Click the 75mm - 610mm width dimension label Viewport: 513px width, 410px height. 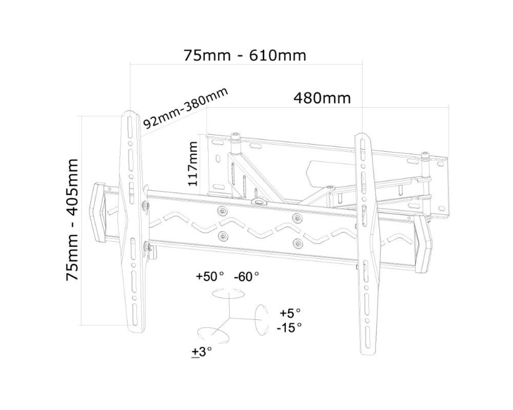(245, 55)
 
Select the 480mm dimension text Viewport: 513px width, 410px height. (322, 98)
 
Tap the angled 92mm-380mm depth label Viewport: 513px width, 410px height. (186, 109)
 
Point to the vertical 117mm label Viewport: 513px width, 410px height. (193, 163)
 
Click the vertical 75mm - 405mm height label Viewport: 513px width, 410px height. (72, 219)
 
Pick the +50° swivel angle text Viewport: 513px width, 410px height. (210, 277)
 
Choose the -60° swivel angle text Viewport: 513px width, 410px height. (246, 277)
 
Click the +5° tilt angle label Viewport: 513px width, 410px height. (290, 313)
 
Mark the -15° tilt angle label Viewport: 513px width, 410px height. (289, 327)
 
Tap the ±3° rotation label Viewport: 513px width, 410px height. (202, 352)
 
